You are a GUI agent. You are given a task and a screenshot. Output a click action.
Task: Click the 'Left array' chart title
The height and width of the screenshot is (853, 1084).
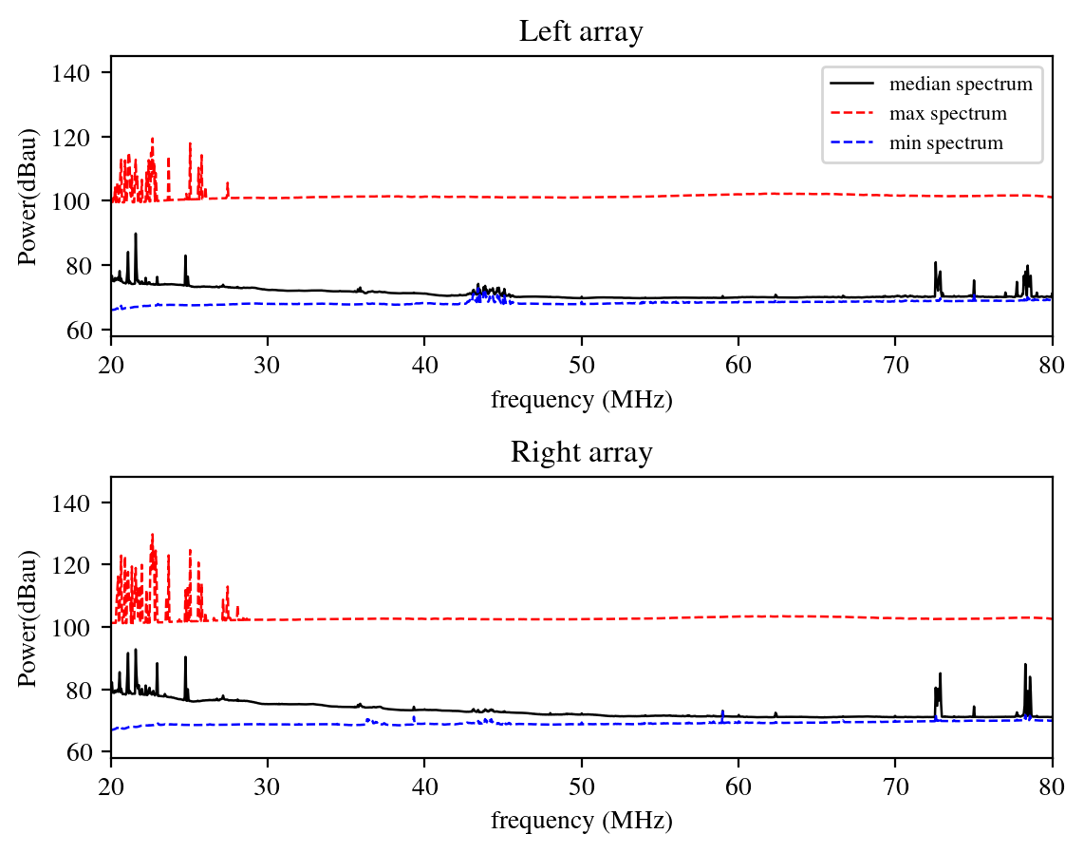581,32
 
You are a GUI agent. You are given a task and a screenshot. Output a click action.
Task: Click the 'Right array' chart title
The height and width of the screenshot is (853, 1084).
581,453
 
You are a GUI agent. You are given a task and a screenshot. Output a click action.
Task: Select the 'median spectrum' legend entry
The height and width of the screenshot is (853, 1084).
960,84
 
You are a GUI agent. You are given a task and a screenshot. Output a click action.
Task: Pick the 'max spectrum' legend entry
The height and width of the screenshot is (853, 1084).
947,114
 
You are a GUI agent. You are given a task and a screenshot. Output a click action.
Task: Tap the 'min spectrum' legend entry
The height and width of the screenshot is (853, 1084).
945,143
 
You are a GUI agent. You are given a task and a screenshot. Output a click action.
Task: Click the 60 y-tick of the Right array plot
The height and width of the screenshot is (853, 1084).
92,752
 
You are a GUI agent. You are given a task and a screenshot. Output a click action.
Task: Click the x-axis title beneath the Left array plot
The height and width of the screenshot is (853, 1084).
581,400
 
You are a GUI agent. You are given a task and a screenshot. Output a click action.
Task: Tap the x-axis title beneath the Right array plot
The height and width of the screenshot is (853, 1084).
581,821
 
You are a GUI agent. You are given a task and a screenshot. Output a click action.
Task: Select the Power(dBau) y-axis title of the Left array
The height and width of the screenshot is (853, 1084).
28,195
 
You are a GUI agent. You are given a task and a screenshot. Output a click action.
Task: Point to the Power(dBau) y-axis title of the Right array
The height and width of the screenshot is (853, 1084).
28,616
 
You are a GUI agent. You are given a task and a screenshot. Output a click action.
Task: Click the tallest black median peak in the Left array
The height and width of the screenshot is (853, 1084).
136,235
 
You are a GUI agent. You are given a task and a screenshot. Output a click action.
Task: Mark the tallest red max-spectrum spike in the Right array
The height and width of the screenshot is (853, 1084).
152,535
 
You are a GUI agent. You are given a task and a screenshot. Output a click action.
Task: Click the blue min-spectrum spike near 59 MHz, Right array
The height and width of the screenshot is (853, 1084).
722,711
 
